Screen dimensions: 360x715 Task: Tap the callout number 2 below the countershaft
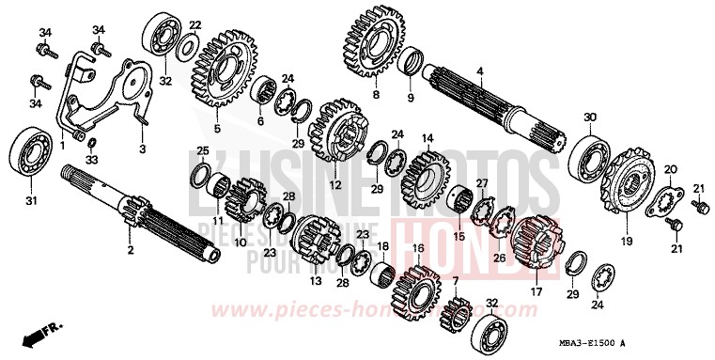coord(131,250)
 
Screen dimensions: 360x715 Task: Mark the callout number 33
coord(90,160)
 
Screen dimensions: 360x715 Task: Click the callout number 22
coord(194,23)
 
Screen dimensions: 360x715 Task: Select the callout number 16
coord(418,248)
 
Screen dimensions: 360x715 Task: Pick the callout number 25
coord(202,151)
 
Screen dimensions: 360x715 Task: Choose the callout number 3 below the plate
coord(143,149)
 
